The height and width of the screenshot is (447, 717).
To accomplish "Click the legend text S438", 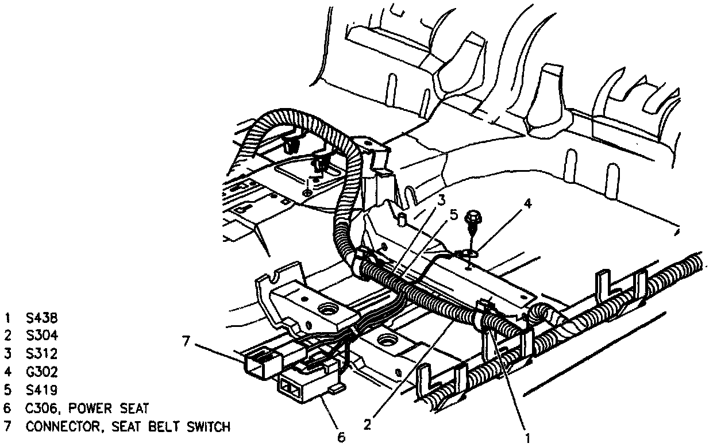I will [x=41, y=317].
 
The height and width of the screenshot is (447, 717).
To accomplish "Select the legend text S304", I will [x=41, y=335].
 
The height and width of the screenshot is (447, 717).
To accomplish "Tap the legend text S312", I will [x=41, y=353].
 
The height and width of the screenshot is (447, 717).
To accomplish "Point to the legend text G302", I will [x=41, y=372].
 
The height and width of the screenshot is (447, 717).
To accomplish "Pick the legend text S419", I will [x=41, y=390].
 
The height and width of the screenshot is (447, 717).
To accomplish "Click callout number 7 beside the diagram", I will [x=185, y=341].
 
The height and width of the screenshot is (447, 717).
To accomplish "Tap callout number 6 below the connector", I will [x=341, y=437].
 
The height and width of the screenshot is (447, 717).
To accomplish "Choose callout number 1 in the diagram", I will [x=524, y=428].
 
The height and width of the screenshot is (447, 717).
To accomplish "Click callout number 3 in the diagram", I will [x=441, y=200].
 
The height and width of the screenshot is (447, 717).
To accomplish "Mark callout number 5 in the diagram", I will [x=453, y=217].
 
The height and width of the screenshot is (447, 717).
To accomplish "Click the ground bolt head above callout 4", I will [x=474, y=217].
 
